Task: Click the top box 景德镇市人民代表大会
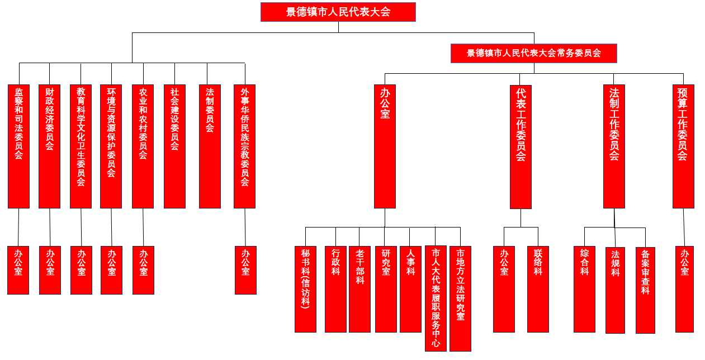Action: (338, 12)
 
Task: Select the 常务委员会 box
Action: (533, 53)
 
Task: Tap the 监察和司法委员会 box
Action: (18, 146)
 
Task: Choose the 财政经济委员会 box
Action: (49, 146)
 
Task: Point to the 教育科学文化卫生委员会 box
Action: (81, 146)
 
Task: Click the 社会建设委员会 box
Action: (174, 146)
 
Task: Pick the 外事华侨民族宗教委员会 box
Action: (244, 146)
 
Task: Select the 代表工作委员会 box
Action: (521, 146)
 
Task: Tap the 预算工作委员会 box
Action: (683, 146)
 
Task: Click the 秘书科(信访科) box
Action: (305, 289)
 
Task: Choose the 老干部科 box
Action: (359, 289)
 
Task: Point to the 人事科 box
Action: (410, 289)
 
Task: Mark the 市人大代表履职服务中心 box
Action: (436, 298)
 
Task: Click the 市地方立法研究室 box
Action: (460, 298)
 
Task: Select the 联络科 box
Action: (538, 289)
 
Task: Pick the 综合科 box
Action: (584, 289)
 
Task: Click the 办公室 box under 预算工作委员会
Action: (684, 289)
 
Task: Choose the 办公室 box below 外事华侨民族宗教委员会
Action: (245, 270)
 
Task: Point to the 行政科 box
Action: (335, 289)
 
